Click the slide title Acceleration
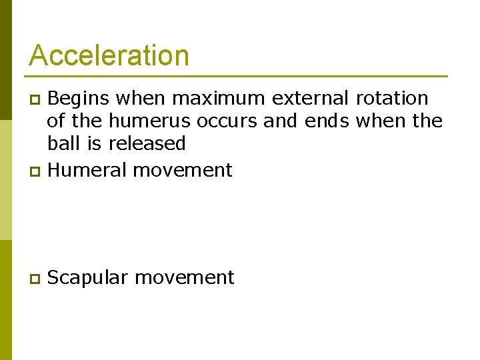pyautogui.click(x=109, y=55)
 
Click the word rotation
pyautogui.click(x=392, y=99)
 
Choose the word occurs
pyautogui.click(x=227, y=121)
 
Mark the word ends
pyautogui.click(x=328, y=121)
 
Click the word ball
pyautogui.click(x=59, y=144)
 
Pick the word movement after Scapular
pyautogui.click(x=184, y=278)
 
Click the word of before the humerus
pyautogui.click(x=56, y=121)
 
